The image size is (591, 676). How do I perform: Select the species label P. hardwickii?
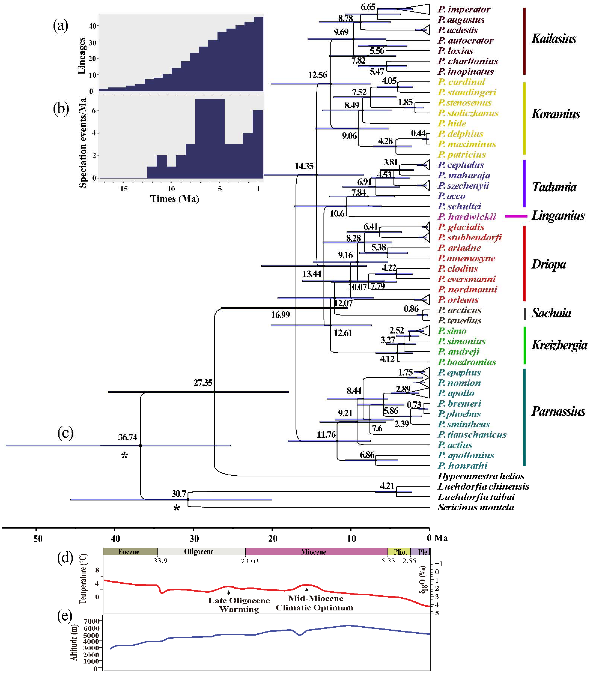[x=467, y=217]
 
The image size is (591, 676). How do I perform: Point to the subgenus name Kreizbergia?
[x=559, y=345]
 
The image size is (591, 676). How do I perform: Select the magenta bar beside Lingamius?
[x=516, y=216]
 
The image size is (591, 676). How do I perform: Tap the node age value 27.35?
[x=203, y=383]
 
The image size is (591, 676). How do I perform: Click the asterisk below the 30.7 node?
[x=177, y=508]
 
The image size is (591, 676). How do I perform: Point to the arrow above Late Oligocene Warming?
[x=229, y=593]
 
